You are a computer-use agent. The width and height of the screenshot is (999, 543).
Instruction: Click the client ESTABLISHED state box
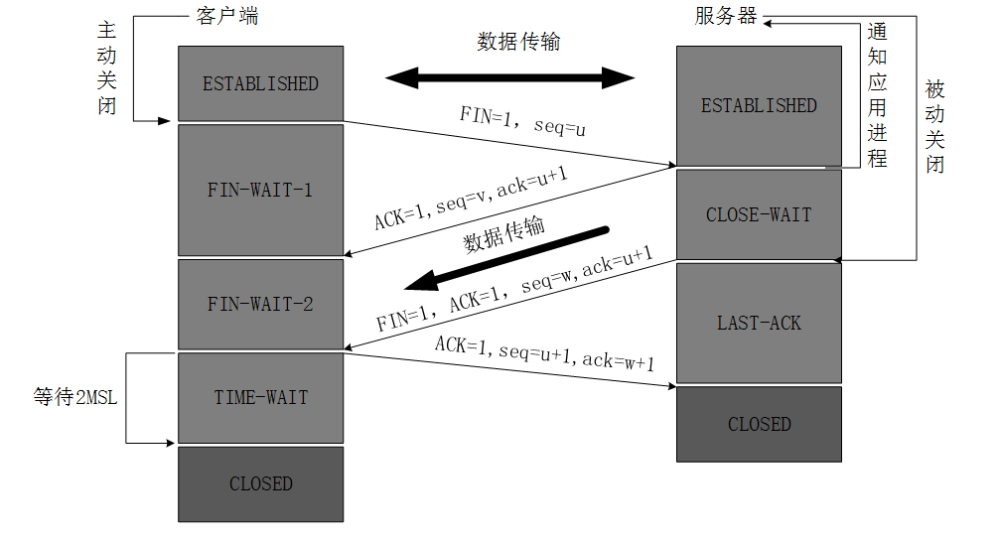260,83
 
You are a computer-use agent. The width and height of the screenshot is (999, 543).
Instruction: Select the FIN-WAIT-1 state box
260,189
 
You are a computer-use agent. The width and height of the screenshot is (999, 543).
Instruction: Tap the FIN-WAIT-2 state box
260,304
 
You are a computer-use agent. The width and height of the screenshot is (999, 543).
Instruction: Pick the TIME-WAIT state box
260,397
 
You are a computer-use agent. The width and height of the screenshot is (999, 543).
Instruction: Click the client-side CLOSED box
260,483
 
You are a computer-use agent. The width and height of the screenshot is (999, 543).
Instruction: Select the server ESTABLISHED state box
759,105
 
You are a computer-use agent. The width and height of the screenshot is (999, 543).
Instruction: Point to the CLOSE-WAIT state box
759,214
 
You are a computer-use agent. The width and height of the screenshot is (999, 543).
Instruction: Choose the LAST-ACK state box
759,323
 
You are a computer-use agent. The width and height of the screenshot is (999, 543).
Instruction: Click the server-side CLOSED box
759,424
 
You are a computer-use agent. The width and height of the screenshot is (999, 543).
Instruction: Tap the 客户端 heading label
227,17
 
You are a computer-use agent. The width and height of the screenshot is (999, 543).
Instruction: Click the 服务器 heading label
726,17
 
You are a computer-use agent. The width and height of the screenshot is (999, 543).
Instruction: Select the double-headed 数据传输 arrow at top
509,77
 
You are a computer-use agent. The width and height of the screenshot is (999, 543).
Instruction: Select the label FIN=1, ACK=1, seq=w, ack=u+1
513,290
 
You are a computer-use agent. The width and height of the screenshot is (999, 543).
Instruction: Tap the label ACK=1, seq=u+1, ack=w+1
543,352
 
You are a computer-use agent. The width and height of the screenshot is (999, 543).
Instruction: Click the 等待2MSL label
75,398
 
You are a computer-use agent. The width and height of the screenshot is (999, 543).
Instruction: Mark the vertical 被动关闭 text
934,126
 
